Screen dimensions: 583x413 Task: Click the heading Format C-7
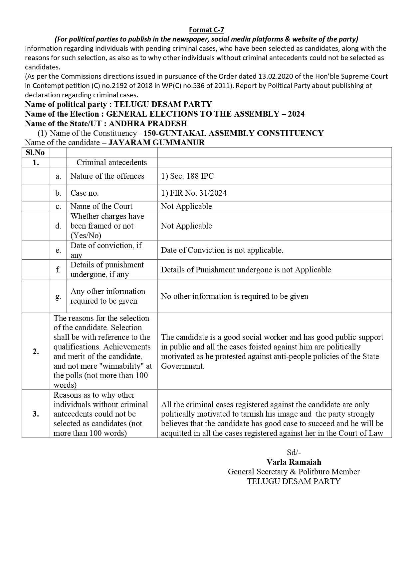(x=206, y=30)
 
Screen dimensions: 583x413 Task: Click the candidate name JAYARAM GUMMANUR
(x=156, y=143)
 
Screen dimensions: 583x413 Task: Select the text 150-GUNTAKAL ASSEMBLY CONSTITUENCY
(x=233, y=133)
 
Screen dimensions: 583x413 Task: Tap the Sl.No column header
(x=35, y=152)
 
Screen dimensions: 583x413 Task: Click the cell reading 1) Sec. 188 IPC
(x=187, y=176)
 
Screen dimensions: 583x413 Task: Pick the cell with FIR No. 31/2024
(x=194, y=193)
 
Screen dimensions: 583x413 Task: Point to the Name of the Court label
(x=101, y=206)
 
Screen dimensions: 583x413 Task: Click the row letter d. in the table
(x=58, y=226)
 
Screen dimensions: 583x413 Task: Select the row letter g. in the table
(x=58, y=296)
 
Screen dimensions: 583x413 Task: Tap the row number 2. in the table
(x=36, y=351)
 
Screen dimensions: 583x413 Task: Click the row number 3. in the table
(x=36, y=414)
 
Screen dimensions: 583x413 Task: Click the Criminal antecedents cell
(x=111, y=162)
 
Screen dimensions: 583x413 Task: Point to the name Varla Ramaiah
(x=294, y=462)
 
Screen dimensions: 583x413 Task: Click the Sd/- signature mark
(x=294, y=452)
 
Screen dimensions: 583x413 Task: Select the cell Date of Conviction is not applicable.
(x=222, y=250)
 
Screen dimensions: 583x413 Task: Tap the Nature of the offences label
(x=107, y=176)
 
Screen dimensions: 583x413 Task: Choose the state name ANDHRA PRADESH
(x=148, y=124)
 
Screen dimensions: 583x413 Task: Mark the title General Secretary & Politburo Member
(x=294, y=472)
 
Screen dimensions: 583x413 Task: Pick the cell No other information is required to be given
(x=235, y=296)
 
